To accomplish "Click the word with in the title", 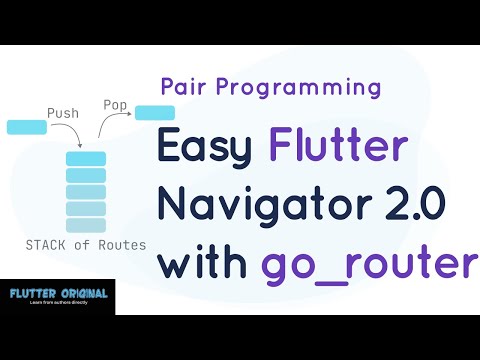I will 204,263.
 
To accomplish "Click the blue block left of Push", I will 26,127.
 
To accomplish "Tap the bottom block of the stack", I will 86,224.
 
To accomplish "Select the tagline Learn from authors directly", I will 57,303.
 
